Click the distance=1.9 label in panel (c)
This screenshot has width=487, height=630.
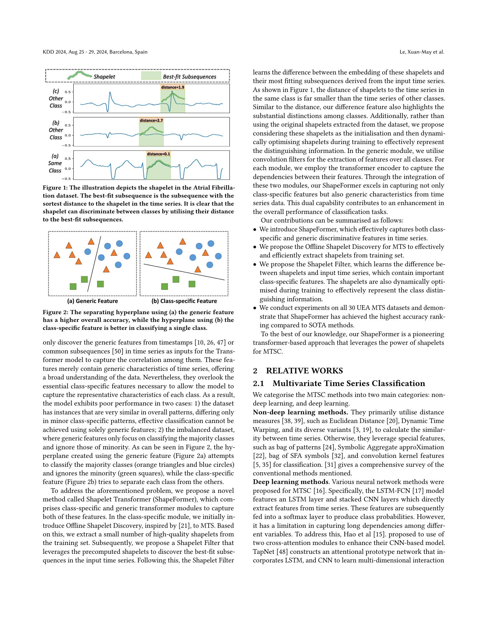[172, 87]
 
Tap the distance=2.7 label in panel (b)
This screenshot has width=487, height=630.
[151, 120]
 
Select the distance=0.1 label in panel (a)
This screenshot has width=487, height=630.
[158, 154]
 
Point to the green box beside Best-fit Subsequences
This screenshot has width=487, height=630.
[151, 76]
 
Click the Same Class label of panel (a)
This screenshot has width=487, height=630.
[55, 167]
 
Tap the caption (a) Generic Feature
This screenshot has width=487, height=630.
[92, 301]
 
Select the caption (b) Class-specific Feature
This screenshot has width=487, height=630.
[184, 301]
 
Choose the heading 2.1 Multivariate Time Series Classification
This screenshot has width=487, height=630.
[339, 383]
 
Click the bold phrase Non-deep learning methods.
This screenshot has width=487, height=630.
[300, 412]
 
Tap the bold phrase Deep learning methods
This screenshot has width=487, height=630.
[290, 482]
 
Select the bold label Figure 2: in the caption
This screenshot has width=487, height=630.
[55, 312]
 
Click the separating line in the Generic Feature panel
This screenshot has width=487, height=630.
[94, 264]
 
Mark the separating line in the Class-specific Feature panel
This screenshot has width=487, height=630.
[184, 272]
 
